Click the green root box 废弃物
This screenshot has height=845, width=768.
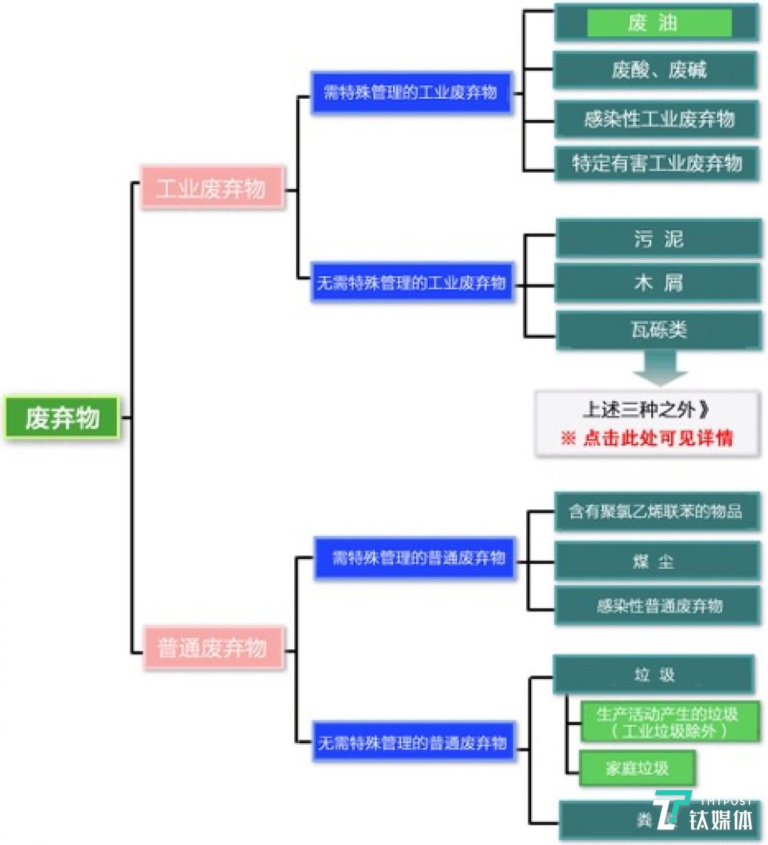pyautogui.click(x=62, y=418)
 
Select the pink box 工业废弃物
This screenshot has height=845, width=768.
pyautogui.click(x=212, y=188)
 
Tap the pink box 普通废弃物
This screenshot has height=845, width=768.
pyautogui.click(x=213, y=648)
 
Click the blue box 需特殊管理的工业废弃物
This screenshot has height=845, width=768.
pyautogui.click(x=411, y=93)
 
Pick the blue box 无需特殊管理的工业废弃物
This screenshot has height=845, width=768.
pyautogui.click(x=412, y=282)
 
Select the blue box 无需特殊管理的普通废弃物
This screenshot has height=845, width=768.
pyautogui.click(x=413, y=742)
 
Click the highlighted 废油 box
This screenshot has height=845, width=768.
pyautogui.click(x=659, y=23)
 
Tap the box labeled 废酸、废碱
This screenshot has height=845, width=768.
pyautogui.click(x=656, y=70)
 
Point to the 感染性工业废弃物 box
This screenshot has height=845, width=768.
pyautogui.click(x=657, y=118)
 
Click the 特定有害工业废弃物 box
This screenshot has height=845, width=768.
pyautogui.click(x=657, y=163)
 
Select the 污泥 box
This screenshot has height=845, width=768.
pyautogui.click(x=659, y=239)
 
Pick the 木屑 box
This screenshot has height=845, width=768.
pyautogui.click(x=658, y=283)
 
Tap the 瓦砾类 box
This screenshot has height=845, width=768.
pyautogui.click(x=659, y=330)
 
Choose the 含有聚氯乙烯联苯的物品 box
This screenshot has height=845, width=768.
pyautogui.click(x=657, y=512)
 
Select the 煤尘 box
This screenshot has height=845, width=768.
pyautogui.click(x=657, y=561)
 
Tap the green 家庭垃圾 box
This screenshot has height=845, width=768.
pyautogui.click(x=637, y=768)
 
